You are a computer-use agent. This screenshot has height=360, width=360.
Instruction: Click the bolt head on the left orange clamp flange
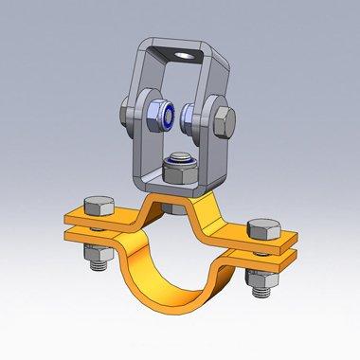(x=96, y=207)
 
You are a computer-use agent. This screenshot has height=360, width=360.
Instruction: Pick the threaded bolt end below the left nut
(x=96, y=272)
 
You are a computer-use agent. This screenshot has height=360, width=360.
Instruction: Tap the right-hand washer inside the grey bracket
(x=192, y=116)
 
